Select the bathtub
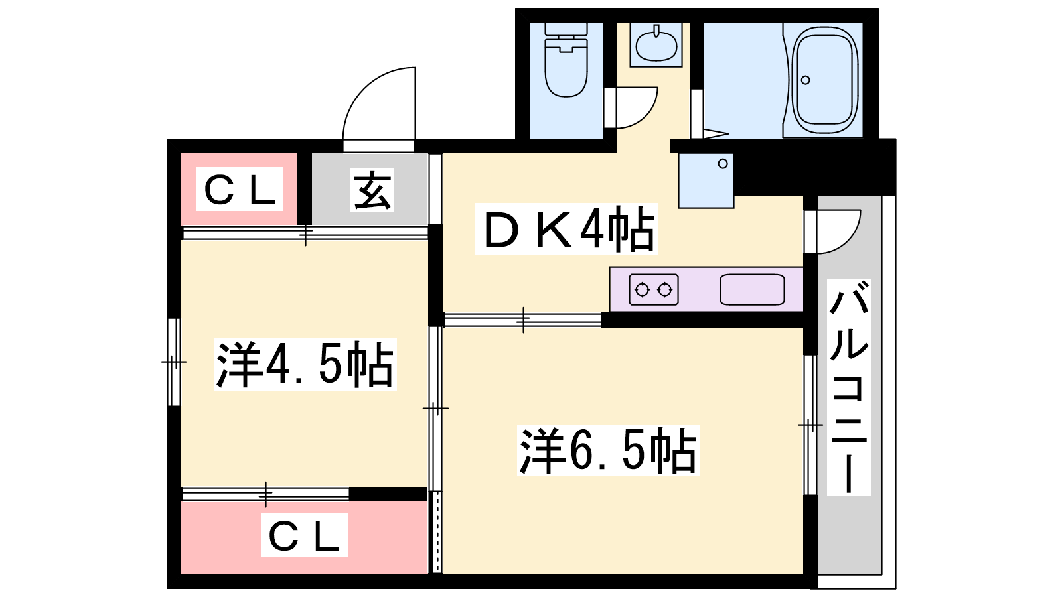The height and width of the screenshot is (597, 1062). click(x=824, y=79)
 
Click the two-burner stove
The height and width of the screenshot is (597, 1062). click(x=654, y=289)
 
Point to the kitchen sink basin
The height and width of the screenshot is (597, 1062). click(x=752, y=289)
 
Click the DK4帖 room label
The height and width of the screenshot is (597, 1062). click(x=567, y=230)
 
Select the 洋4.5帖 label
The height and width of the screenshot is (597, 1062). click(x=305, y=364)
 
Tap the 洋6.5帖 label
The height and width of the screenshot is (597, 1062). click(x=608, y=450)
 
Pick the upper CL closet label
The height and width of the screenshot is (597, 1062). click(x=240, y=190)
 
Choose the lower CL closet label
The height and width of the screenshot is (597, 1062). click(x=304, y=535)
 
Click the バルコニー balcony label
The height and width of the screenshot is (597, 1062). click(x=849, y=388)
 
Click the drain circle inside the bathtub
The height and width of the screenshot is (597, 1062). click(x=806, y=80)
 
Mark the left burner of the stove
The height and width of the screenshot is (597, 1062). click(x=642, y=290)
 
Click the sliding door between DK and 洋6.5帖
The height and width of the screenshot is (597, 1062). click(x=523, y=320)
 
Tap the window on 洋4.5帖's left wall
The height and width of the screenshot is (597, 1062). click(x=174, y=362)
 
